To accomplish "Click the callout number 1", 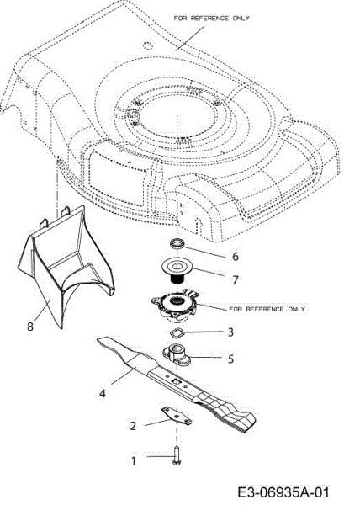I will coord(131,460).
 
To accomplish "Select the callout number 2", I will coord(133,426).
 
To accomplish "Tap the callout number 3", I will coord(229,333).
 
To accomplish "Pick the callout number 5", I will coord(230,358).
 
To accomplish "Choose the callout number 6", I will coord(234,255).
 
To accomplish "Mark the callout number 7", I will coord(236,276).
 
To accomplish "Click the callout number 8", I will coord(30,326).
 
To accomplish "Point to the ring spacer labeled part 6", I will coord(179,245).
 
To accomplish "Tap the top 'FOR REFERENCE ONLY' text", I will coord(210,17).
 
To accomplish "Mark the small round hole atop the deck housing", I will coord(148,43).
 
